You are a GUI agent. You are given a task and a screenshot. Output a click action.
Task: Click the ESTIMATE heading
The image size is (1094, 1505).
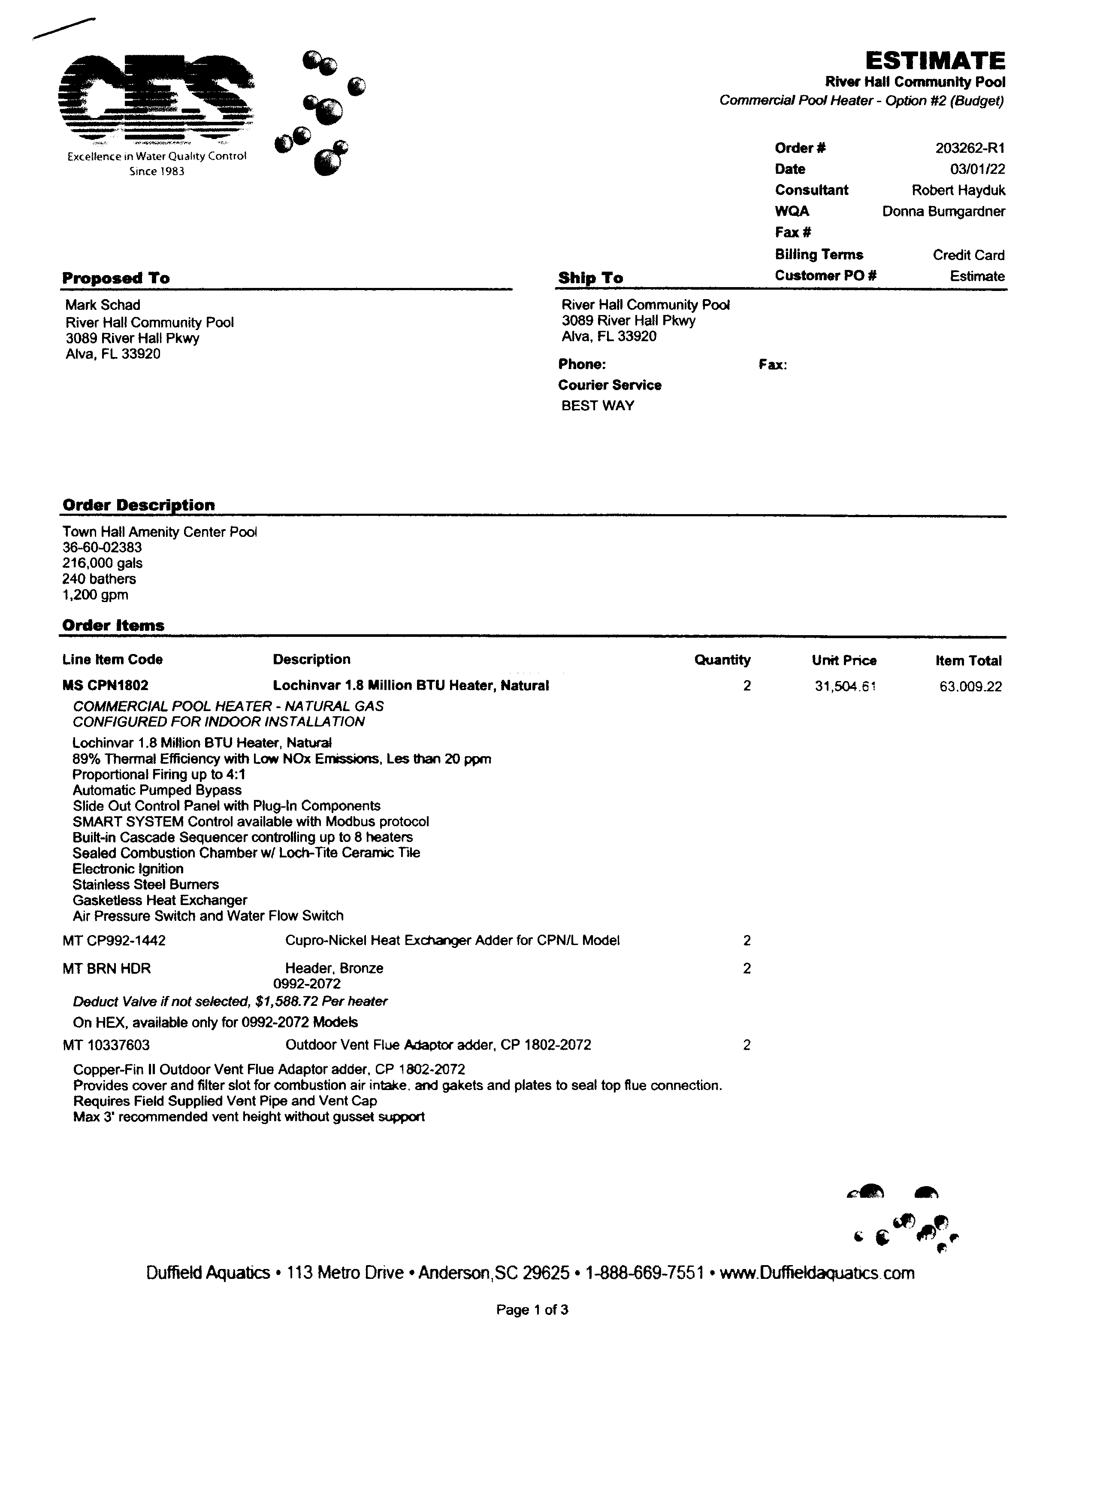tap(935, 61)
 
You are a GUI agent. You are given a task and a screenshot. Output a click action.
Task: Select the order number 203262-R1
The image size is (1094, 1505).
tap(970, 148)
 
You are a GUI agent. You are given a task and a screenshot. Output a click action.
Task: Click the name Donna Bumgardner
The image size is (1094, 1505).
tap(943, 212)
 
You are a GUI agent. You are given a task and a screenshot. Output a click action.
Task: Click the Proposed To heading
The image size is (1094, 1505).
tap(116, 278)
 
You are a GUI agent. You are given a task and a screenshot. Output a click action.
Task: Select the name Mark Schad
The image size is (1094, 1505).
tap(103, 305)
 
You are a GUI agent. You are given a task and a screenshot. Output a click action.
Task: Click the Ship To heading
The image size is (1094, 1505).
tap(590, 278)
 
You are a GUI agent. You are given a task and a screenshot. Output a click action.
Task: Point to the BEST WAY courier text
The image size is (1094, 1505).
tap(598, 406)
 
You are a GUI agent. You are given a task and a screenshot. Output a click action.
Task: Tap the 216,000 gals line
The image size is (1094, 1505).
tap(102, 563)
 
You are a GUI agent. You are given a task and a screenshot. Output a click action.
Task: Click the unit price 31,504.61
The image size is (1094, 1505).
tap(845, 686)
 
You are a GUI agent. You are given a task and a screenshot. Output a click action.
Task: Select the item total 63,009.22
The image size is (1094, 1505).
tap(970, 686)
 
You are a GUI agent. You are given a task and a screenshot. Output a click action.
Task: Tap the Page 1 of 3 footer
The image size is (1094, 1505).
tap(532, 1309)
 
